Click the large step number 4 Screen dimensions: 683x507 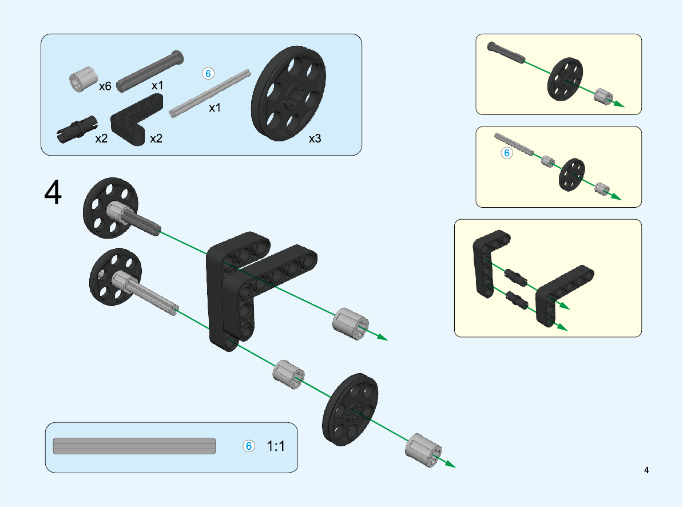click(53, 192)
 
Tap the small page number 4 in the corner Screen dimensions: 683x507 click(646, 470)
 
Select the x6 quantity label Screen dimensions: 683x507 click(105, 86)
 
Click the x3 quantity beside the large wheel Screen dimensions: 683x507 click(315, 138)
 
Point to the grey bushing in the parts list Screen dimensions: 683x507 click(83, 80)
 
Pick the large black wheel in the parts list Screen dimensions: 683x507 click(288, 94)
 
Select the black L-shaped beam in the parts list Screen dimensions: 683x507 click(136, 120)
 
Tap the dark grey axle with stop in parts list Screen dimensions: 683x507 click(150, 71)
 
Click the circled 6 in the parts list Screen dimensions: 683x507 click(208, 74)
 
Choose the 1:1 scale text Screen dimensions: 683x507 click(275, 446)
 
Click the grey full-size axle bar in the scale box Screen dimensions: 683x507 click(134, 446)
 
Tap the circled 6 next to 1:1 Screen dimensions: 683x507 click(249, 446)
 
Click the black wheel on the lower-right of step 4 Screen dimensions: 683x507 click(350, 409)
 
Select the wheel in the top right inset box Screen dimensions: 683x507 click(565, 79)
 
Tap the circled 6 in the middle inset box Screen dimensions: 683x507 click(507, 153)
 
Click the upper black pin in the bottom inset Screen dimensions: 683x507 click(516, 277)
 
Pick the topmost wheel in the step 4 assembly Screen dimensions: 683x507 click(110, 208)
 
